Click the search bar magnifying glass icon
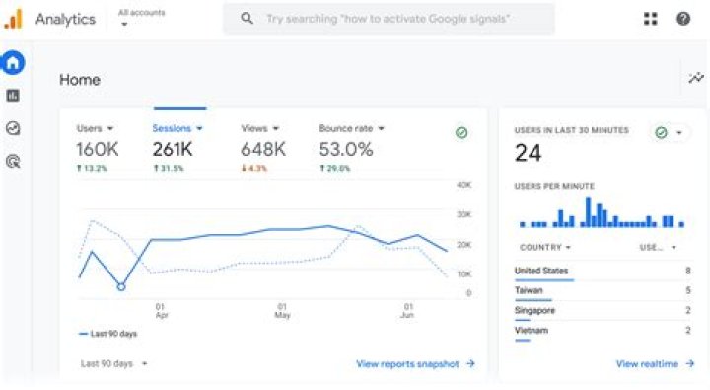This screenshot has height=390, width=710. (x=247, y=19)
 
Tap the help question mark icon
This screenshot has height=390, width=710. (x=682, y=19)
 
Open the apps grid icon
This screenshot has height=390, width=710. (x=650, y=19)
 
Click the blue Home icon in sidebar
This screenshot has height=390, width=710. (x=13, y=63)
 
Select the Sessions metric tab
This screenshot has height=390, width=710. (x=177, y=128)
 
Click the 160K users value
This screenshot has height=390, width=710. (x=98, y=149)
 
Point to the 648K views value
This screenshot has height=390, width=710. (x=263, y=149)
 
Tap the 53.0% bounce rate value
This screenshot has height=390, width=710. (x=346, y=149)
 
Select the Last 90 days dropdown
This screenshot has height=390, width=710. (x=113, y=363)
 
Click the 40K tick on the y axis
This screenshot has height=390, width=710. (x=463, y=185)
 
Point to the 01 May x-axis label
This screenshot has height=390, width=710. (x=282, y=310)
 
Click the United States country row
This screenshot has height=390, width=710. (x=541, y=271)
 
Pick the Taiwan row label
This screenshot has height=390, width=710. (x=529, y=290)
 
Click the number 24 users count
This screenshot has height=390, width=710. (x=529, y=153)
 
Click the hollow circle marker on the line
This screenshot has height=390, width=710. (x=121, y=286)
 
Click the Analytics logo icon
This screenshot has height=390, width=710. (x=13, y=19)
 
